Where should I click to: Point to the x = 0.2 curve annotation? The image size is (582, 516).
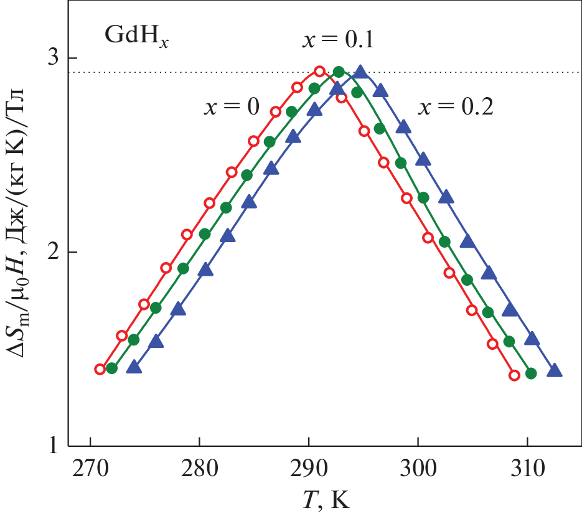tap(456, 107)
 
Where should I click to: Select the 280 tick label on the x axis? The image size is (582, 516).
tap(199, 469)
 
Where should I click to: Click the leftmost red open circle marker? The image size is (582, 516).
tap(100, 369)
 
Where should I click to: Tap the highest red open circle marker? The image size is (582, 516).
tap(320, 72)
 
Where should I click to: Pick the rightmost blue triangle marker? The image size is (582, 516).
tap(555, 372)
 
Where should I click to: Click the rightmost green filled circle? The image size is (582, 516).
tap(531, 373)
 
